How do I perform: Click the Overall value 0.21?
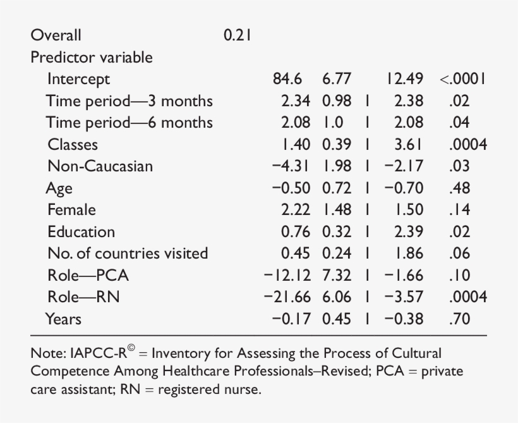click(238, 35)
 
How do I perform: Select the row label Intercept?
click(78, 79)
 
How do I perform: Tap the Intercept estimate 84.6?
click(287, 79)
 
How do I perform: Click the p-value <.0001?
click(462, 79)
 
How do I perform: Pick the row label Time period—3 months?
click(129, 101)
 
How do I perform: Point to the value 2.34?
click(296, 101)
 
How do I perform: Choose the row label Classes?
click(73, 145)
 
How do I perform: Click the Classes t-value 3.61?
click(409, 145)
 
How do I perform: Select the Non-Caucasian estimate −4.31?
click(291, 166)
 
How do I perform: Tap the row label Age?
click(59, 188)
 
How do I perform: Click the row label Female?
click(71, 210)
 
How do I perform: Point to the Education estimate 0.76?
click(296, 232)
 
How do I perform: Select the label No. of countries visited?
click(128, 254)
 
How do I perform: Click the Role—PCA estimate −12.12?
click(287, 276)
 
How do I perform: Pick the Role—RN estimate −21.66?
click(287, 297)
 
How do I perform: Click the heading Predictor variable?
click(92, 58)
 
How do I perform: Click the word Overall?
click(56, 35)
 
